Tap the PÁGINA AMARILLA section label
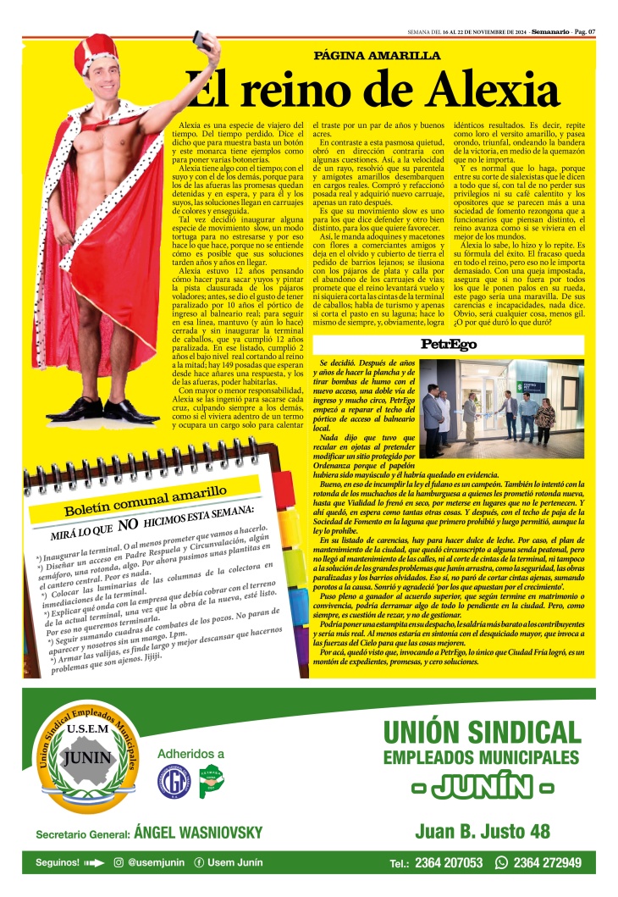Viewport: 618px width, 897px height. tap(377, 55)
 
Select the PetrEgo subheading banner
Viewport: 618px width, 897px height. tap(449, 345)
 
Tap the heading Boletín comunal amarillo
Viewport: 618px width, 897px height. tap(146, 498)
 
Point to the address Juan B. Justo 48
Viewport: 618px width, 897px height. tap(483, 831)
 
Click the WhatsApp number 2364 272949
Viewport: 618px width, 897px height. tap(546, 863)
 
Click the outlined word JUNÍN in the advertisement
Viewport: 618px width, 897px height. tap(483, 787)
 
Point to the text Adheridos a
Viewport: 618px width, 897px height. tap(190, 754)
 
